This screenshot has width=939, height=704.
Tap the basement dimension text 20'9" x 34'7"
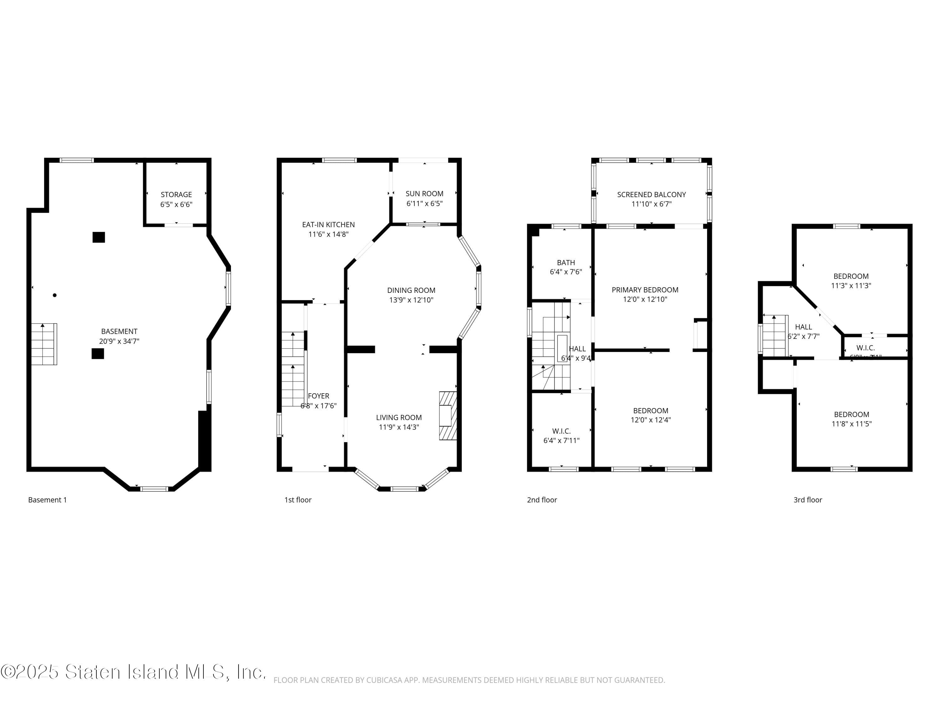tap(119, 341)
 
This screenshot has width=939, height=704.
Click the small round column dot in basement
tap(54, 295)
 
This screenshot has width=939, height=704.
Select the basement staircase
tap(44, 344)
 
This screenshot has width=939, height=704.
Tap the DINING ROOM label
tap(411, 291)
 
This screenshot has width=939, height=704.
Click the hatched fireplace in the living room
tap(448, 416)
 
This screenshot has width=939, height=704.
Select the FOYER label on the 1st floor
tap(318, 396)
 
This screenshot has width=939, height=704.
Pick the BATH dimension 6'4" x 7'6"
tap(566, 272)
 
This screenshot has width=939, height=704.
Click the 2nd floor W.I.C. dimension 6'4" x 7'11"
tap(561, 441)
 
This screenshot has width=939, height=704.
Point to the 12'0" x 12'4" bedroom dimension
tap(650, 420)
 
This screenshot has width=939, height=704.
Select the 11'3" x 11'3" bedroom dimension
tap(851, 286)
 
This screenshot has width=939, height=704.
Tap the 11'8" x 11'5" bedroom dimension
tap(851, 424)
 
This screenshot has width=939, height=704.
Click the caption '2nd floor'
tap(542, 500)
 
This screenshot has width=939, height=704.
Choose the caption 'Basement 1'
tap(48, 500)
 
